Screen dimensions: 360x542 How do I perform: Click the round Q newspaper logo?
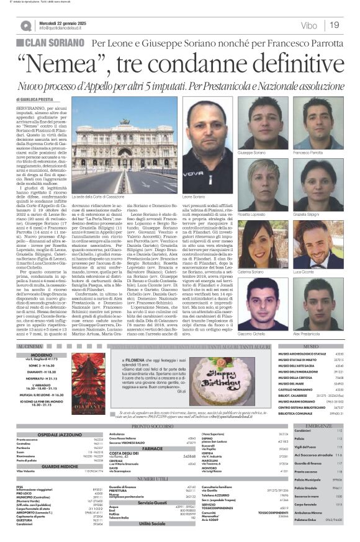click(x=26, y=25)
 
